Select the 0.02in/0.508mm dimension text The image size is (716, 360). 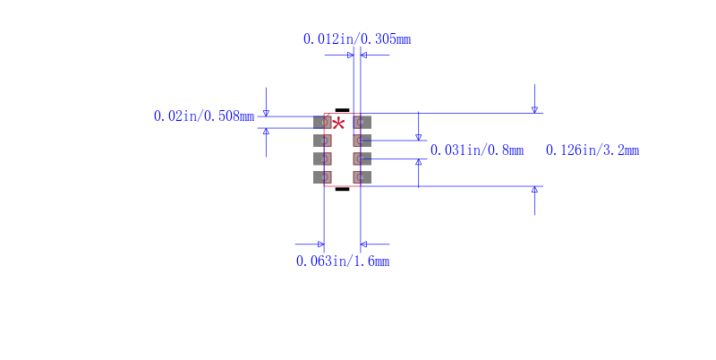(x=204, y=116)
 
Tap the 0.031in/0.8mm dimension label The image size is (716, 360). (x=476, y=150)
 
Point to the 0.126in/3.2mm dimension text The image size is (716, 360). (x=592, y=150)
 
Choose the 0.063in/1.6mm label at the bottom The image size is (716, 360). (x=343, y=261)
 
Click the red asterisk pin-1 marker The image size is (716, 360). (x=338, y=124)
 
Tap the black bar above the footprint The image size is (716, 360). (x=342, y=109)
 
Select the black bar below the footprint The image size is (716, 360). (x=342, y=189)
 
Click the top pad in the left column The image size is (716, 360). (x=322, y=122)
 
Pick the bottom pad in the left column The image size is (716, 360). (x=322, y=177)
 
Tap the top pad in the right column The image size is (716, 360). (x=362, y=122)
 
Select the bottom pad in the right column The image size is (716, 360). (x=362, y=177)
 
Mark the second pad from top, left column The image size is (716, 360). (x=322, y=141)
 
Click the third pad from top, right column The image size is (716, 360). (x=362, y=159)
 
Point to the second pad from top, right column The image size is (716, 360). (x=362, y=141)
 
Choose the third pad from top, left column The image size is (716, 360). (x=322, y=159)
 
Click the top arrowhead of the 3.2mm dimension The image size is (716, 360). (x=534, y=110)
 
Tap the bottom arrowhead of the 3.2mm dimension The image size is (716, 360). (x=534, y=190)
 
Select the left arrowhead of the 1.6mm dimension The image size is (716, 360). (x=320, y=244)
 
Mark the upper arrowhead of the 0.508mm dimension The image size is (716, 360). (x=266, y=113)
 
